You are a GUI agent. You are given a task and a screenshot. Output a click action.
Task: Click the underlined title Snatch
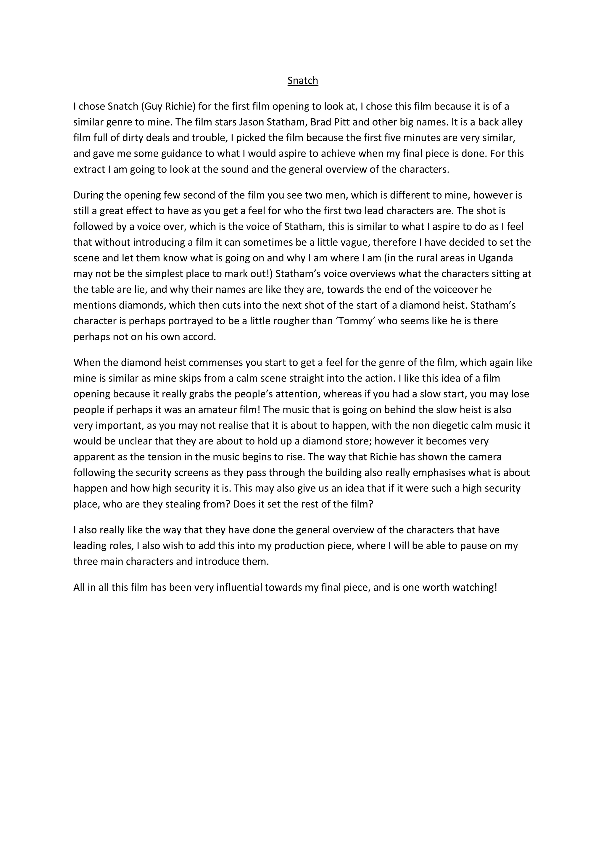click(303, 80)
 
